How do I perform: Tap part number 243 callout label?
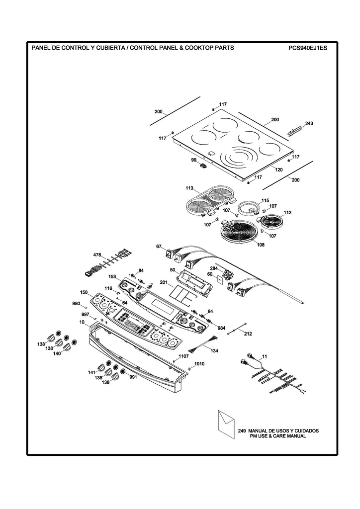[x=309, y=123]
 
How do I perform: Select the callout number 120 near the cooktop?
[x=279, y=170]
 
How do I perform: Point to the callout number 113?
[x=189, y=188]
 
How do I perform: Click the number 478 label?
[x=97, y=255]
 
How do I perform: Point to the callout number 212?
[x=248, y=334]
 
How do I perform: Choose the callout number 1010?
[x=199, y=364]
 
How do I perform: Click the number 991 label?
[x=133, y=377]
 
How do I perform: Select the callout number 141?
[x=91, y=372]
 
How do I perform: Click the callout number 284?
[x=214, y=269]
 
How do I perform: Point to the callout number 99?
[x=193, y=160]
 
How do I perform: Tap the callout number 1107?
[x=183, y=356]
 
